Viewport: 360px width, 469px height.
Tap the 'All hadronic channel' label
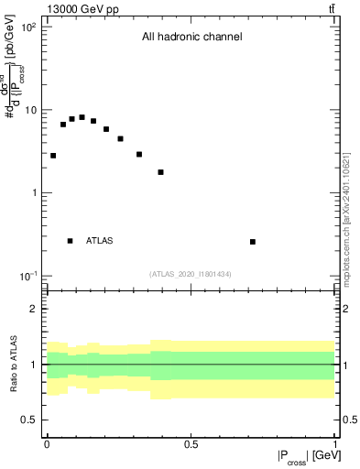coord(191,38)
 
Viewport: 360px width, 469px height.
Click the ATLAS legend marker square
coord(71,241)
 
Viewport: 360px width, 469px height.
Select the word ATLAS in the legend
coord(100,241)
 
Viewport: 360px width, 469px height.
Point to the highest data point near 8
coord(82,117)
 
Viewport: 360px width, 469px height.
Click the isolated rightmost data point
coord(253,242)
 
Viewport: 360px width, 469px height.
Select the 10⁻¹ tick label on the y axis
coord(29,276)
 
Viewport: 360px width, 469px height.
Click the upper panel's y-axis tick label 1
coord(35,193)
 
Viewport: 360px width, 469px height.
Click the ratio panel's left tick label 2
coord(35,309)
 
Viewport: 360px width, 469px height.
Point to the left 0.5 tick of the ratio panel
coord(31,420)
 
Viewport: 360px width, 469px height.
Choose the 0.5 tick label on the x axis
coord(191,444)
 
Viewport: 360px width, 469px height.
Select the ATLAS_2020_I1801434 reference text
coord(191,274)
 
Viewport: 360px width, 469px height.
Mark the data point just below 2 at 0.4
coord(160,172)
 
